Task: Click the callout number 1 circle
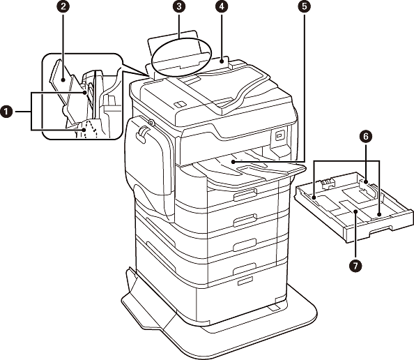[6, 112]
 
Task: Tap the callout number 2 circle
[63, 6]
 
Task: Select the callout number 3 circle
[179, 6]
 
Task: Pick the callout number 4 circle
[221, 6]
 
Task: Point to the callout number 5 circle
[305, 6]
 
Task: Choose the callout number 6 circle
[366, 136]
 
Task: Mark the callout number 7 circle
[355, 265]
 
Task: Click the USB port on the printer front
[279, 136]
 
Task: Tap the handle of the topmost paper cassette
[245, 195]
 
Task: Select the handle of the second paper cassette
[245, 220]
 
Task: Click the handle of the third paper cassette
[245, 245]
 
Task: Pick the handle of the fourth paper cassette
[245, 269]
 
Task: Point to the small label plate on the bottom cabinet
[245, 281]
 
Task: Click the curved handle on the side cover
[141, 133]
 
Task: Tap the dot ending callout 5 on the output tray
[233, 161]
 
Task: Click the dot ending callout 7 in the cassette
[355, 211]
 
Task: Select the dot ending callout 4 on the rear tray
[221, 61]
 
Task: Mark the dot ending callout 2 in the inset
[63, 80]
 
